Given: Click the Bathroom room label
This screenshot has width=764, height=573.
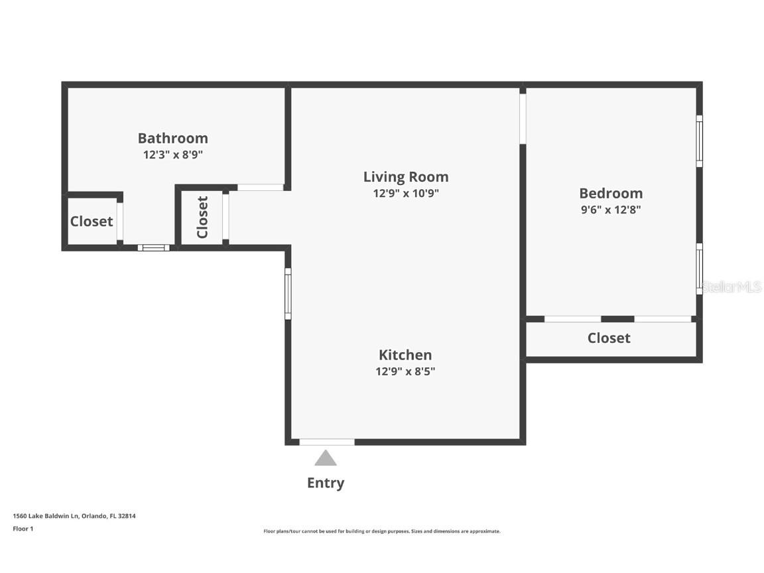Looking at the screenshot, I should coord(172,138).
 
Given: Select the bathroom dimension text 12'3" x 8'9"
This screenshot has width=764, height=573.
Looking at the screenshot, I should coord(172,155).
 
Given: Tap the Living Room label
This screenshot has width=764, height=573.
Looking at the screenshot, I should coord(406,176).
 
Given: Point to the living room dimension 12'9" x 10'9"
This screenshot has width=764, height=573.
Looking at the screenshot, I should coord(406,193).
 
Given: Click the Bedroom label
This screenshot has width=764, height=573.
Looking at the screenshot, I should coord(611,193).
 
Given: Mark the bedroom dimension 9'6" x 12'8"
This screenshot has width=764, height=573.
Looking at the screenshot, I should coord(611,210).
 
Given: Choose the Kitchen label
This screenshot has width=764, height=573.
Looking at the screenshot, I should coord(405,355).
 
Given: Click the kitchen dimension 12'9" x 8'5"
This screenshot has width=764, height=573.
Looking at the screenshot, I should coord(405,371).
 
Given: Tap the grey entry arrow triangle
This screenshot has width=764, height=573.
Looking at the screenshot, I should coord(325,458).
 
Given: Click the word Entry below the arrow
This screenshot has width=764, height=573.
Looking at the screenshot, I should coord(325,483).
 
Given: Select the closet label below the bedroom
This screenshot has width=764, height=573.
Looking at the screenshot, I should coord(609,338).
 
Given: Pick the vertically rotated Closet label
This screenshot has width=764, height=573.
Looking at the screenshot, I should coord(202,217).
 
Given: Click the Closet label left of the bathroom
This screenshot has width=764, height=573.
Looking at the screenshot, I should coord(92,222).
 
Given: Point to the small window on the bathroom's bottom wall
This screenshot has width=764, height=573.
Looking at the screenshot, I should coord(154,248).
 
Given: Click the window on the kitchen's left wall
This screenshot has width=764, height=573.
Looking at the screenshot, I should coord(288,293).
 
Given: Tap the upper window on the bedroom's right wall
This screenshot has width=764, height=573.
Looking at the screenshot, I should coord(699,141).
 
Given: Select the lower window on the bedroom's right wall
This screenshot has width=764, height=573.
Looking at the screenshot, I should coord(699,269).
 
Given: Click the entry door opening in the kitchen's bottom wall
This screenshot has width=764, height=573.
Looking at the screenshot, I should coord(326,442).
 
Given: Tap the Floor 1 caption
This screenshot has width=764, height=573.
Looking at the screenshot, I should coord(23,529).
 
